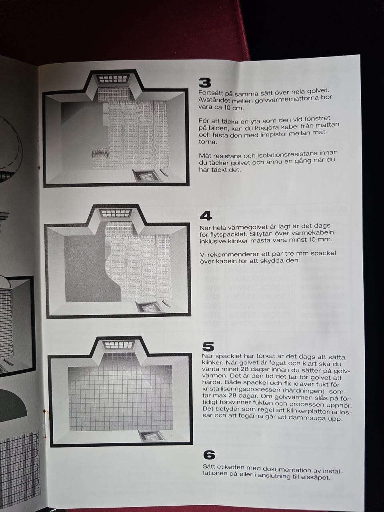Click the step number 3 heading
point(205,83)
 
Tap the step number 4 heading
point(206,216)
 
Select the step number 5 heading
point(208,347)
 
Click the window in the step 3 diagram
point(114,79)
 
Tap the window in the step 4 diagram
point(116,213)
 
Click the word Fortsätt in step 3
point(209,93)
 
